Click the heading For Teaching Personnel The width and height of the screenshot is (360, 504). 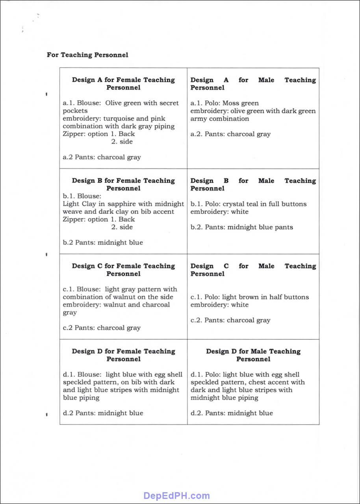[x=87, y=55]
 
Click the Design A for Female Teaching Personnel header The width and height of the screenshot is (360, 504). [x=123, y=83]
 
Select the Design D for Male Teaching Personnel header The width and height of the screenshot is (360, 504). [x=253, y=355]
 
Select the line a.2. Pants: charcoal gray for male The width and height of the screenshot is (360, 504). [x=230, y=134]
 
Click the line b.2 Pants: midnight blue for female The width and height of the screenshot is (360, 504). [x=103, y=243]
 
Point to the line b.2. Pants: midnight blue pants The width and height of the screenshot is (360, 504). [x=241, y=227]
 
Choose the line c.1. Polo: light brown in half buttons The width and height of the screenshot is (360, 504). [x=249, y=297]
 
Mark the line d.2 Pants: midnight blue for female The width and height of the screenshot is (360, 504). [x=103, y=413]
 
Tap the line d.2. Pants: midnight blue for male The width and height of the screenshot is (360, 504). [x=232, y=413]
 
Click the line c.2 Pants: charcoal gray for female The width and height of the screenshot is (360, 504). [x=102, y=328]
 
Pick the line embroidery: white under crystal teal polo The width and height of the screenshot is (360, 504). [x=219, y=212]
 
